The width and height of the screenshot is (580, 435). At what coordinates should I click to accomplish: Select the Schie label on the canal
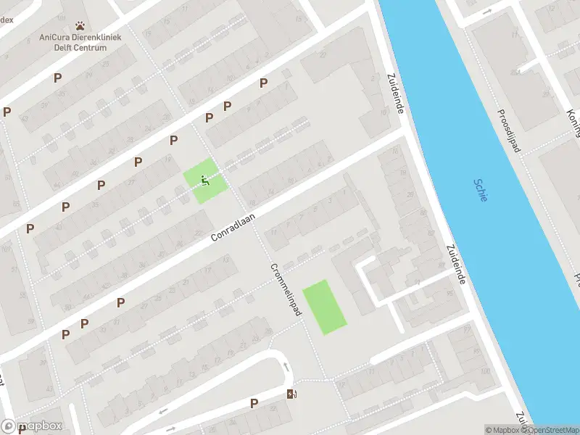click(481, 191)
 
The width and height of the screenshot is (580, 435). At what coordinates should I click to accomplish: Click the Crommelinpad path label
click(286, 287)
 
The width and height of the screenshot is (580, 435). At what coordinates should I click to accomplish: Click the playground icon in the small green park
click(204, 181)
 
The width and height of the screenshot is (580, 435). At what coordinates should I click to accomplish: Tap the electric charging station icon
click(292, 394)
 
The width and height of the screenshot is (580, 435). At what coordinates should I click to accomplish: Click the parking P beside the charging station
click(254, 403)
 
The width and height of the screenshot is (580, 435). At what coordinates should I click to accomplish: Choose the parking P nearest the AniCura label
click(57, 78)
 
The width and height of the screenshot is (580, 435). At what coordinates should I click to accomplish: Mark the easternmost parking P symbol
click(263, 83)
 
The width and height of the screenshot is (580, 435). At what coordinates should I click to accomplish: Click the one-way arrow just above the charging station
click(286, 367)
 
